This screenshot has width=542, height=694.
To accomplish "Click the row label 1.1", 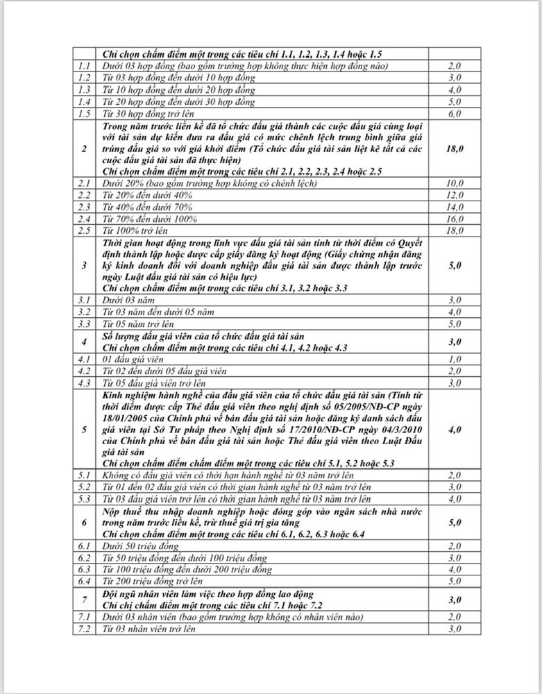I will tap(85, 66).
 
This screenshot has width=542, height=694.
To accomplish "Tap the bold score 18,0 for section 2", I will tap(455, 149).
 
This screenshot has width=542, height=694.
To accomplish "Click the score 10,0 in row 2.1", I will tap(455, 183).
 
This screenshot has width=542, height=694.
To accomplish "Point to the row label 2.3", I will tap(85, 207).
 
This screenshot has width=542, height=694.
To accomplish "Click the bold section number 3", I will tap(85, 265).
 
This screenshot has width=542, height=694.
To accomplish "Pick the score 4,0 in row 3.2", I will tap(455, 312).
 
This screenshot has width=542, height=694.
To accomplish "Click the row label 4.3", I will tap(85, 382).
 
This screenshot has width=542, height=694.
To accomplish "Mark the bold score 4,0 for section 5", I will tap(455, 430).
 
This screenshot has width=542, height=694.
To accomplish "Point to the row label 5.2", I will tap(85, 487).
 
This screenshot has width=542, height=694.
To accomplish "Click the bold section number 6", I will tap(85, 522).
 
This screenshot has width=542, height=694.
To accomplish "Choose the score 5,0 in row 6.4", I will tap(455, 581).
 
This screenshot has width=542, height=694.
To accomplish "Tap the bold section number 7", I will tap(85, 599).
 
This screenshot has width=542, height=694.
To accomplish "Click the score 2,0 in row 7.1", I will tap(455, 617).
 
